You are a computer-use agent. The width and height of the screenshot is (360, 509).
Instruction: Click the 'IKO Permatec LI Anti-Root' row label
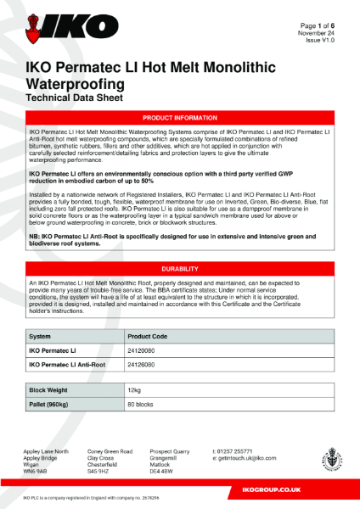[x=71, y=365]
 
